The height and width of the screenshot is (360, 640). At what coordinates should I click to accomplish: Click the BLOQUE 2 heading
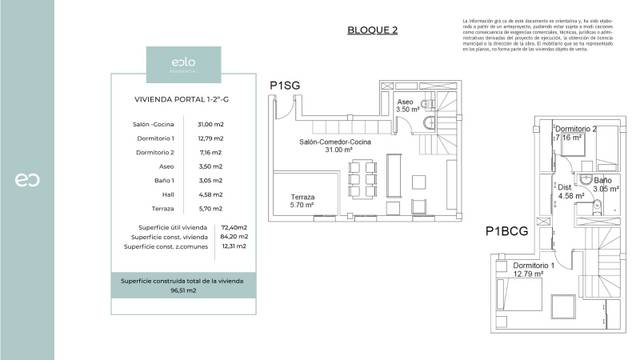click(372, 30)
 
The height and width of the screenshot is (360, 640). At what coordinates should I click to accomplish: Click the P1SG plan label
click(285, 86)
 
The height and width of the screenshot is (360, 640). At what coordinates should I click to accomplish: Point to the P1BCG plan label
click(508, 231)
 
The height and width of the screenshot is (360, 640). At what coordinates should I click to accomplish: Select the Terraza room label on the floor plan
click(303, 197)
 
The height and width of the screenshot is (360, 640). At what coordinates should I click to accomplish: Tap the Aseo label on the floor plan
click(405, 103)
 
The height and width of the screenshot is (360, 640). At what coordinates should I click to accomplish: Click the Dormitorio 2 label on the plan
click(576, 130)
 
